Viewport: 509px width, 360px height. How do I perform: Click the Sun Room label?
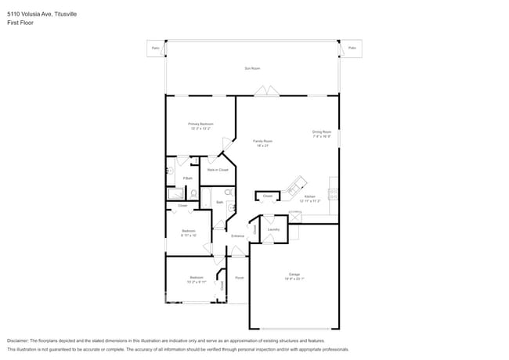(x=252, y=69)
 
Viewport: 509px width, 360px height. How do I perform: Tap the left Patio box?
(x=155, y=49)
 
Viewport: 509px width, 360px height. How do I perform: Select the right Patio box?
(x=352, y=49)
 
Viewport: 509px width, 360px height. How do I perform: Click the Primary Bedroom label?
(x=200, y=124)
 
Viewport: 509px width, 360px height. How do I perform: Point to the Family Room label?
(x=262, y=141)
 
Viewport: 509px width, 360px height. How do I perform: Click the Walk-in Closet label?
(x=218, y=169)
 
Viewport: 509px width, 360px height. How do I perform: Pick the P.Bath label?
(x=188, y=178)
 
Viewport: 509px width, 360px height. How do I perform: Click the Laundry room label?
(x=273, y=229)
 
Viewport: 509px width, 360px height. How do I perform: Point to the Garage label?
(x=294, y=274)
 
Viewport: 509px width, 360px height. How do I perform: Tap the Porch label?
(x=239, y=278)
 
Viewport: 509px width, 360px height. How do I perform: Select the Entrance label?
(x=237, y=236)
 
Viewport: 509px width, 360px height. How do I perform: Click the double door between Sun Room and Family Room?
(x=270, y=91)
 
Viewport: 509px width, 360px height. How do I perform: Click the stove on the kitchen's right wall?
(x=334, y=193)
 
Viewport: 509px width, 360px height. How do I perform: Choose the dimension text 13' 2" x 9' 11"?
(x=197, y=282)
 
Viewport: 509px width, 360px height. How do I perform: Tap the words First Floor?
(x=20, y=23)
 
